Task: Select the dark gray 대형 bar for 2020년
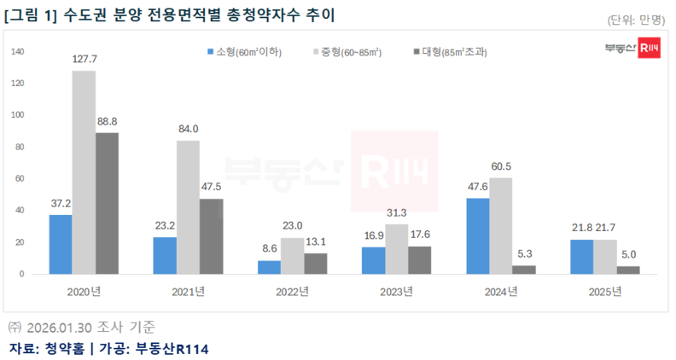point(107,203)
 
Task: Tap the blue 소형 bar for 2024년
point(478,235)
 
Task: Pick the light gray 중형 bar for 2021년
point(188,206)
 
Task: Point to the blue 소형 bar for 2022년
point(269,267)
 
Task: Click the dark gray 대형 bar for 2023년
point(419,259)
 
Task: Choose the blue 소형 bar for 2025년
point(581,256)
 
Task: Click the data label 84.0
point(188,130)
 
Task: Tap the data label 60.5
point(501,166)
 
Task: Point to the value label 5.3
point(524,254)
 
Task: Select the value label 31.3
point(396,213)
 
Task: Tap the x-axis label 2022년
point(292,292)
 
